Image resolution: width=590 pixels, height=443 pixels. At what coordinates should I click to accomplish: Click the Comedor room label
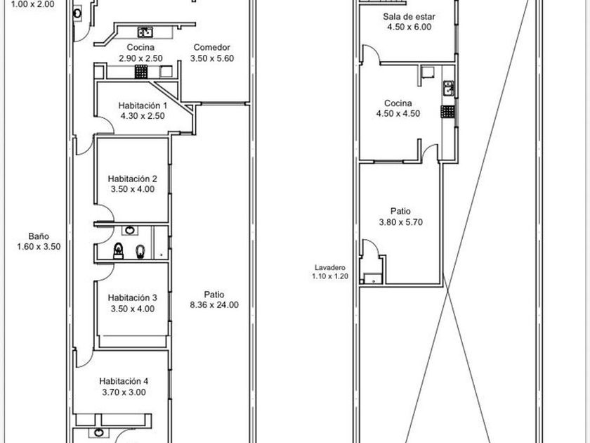(212, 48)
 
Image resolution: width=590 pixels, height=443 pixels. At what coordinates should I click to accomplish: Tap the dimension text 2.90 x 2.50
(140, 58)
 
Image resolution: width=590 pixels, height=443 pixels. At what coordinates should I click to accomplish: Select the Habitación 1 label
(143, 105)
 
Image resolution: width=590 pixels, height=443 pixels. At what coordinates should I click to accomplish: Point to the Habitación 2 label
(133, 179)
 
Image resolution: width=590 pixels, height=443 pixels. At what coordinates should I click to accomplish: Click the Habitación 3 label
(133, 298)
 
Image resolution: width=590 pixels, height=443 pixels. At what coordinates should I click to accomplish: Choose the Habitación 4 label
(124, 381)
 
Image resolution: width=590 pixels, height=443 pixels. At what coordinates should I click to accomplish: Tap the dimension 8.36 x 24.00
(214, 305)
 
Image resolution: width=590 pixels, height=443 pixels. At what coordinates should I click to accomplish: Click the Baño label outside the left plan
(39, 236)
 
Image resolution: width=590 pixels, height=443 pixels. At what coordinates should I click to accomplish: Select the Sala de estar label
(409, 17)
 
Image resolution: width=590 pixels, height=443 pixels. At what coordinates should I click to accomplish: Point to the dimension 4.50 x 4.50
(398, 114)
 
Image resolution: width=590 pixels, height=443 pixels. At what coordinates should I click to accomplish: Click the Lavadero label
(329, 267)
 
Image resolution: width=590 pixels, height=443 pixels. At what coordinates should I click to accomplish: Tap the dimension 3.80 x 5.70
(401, 222)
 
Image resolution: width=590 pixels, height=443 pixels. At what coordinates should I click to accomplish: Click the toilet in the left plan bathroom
(119, 251)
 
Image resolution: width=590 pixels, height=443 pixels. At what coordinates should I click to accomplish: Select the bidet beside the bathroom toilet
(140, 251)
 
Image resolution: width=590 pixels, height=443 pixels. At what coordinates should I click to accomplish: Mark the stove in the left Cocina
(141, 71)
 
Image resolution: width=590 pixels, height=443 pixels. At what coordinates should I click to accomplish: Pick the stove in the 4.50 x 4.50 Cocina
(448, 112)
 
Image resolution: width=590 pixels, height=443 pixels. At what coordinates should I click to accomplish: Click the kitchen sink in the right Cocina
(448, 89)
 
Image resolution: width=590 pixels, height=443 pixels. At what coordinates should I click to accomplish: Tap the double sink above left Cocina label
(145, 32)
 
